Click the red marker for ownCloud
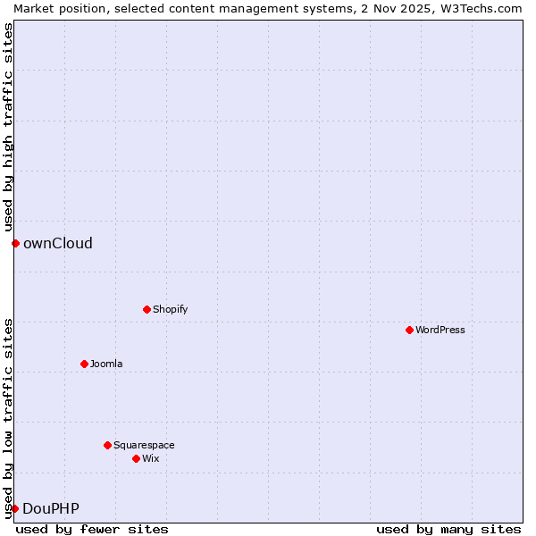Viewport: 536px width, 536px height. click(15, 243)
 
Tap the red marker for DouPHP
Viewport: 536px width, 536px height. click(15, 508)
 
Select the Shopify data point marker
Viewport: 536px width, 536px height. click(147, 309)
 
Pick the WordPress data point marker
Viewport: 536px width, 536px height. click(409, 330)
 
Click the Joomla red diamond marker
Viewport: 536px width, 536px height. click(84, 364)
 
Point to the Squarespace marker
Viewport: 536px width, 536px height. click(107, 445)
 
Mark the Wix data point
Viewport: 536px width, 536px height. click(136, 458)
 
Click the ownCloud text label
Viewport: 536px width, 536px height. click(58, 243)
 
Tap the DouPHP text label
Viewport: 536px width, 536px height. click(51, 508)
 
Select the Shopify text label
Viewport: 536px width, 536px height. click(170, 309)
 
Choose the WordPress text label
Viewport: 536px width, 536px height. click(440, 330)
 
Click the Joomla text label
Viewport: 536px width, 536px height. click(106, 364)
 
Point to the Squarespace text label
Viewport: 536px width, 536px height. click(144, 445)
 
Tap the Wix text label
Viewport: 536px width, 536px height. click(150, 458)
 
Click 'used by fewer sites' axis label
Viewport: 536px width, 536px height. click(92, 529)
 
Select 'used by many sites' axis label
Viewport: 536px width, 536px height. click(448, 529)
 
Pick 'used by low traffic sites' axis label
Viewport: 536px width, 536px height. click(8, 418)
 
